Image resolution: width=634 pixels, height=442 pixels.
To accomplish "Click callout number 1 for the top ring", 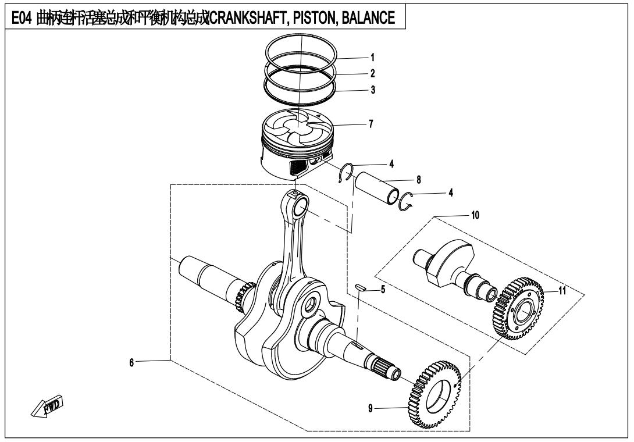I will tap(372, 58).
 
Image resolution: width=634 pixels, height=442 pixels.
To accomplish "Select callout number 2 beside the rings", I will tap(372, 74).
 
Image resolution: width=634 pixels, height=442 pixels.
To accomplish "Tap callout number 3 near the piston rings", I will tap(372, 91).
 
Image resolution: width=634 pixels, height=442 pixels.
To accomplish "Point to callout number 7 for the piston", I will tap(372, 124).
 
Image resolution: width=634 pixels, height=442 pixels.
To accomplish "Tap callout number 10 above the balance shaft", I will tap(475, 215).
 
